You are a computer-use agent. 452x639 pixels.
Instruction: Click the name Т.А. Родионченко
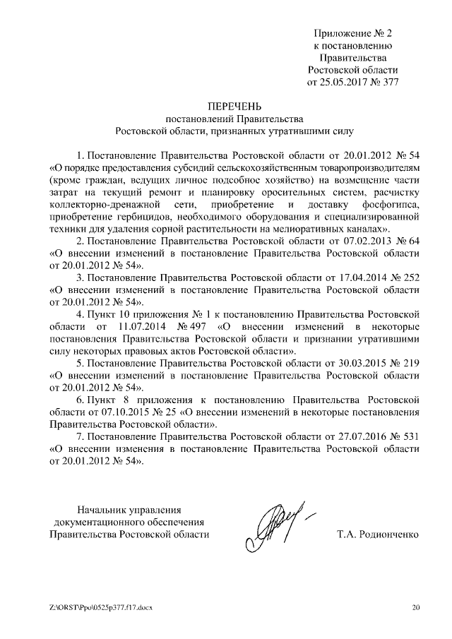(x=378, y=535)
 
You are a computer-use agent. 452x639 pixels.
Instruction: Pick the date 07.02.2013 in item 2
(x=367, y=241)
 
